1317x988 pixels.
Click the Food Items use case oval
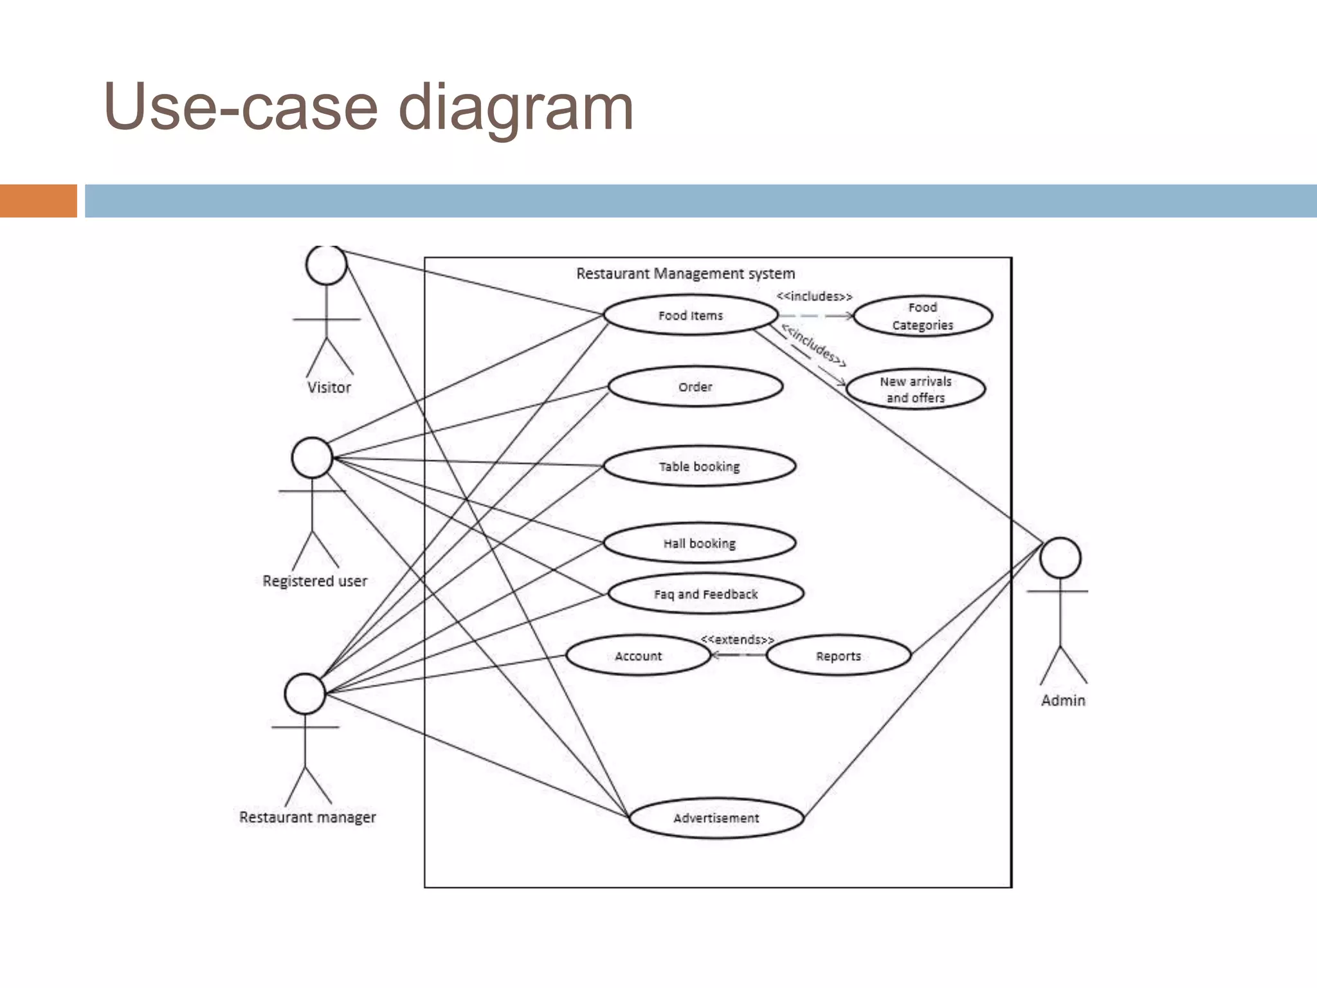(691, 315)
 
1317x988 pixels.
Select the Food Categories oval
(922, 316)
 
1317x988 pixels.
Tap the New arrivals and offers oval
(915, 389)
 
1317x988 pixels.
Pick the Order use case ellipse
(695, 387)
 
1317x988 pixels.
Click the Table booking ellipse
(699, 466)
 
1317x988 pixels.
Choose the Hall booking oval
(699, 544)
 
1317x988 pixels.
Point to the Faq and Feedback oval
(705, 594)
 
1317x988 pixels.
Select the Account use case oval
(638, 656)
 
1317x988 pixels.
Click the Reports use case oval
(838, 656)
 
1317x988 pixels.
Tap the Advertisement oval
(716, 818)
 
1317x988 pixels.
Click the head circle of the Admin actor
(1060, 558)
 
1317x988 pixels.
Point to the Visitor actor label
(329, 388)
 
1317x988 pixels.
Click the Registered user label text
(315, 581)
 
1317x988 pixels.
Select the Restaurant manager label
(307, 818)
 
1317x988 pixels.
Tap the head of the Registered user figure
(312, 457)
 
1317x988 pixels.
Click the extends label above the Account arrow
(737, 639)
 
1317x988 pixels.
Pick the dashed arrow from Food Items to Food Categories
(815, 316)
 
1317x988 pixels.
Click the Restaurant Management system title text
(686, 274)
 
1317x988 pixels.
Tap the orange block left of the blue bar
(38, 201)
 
